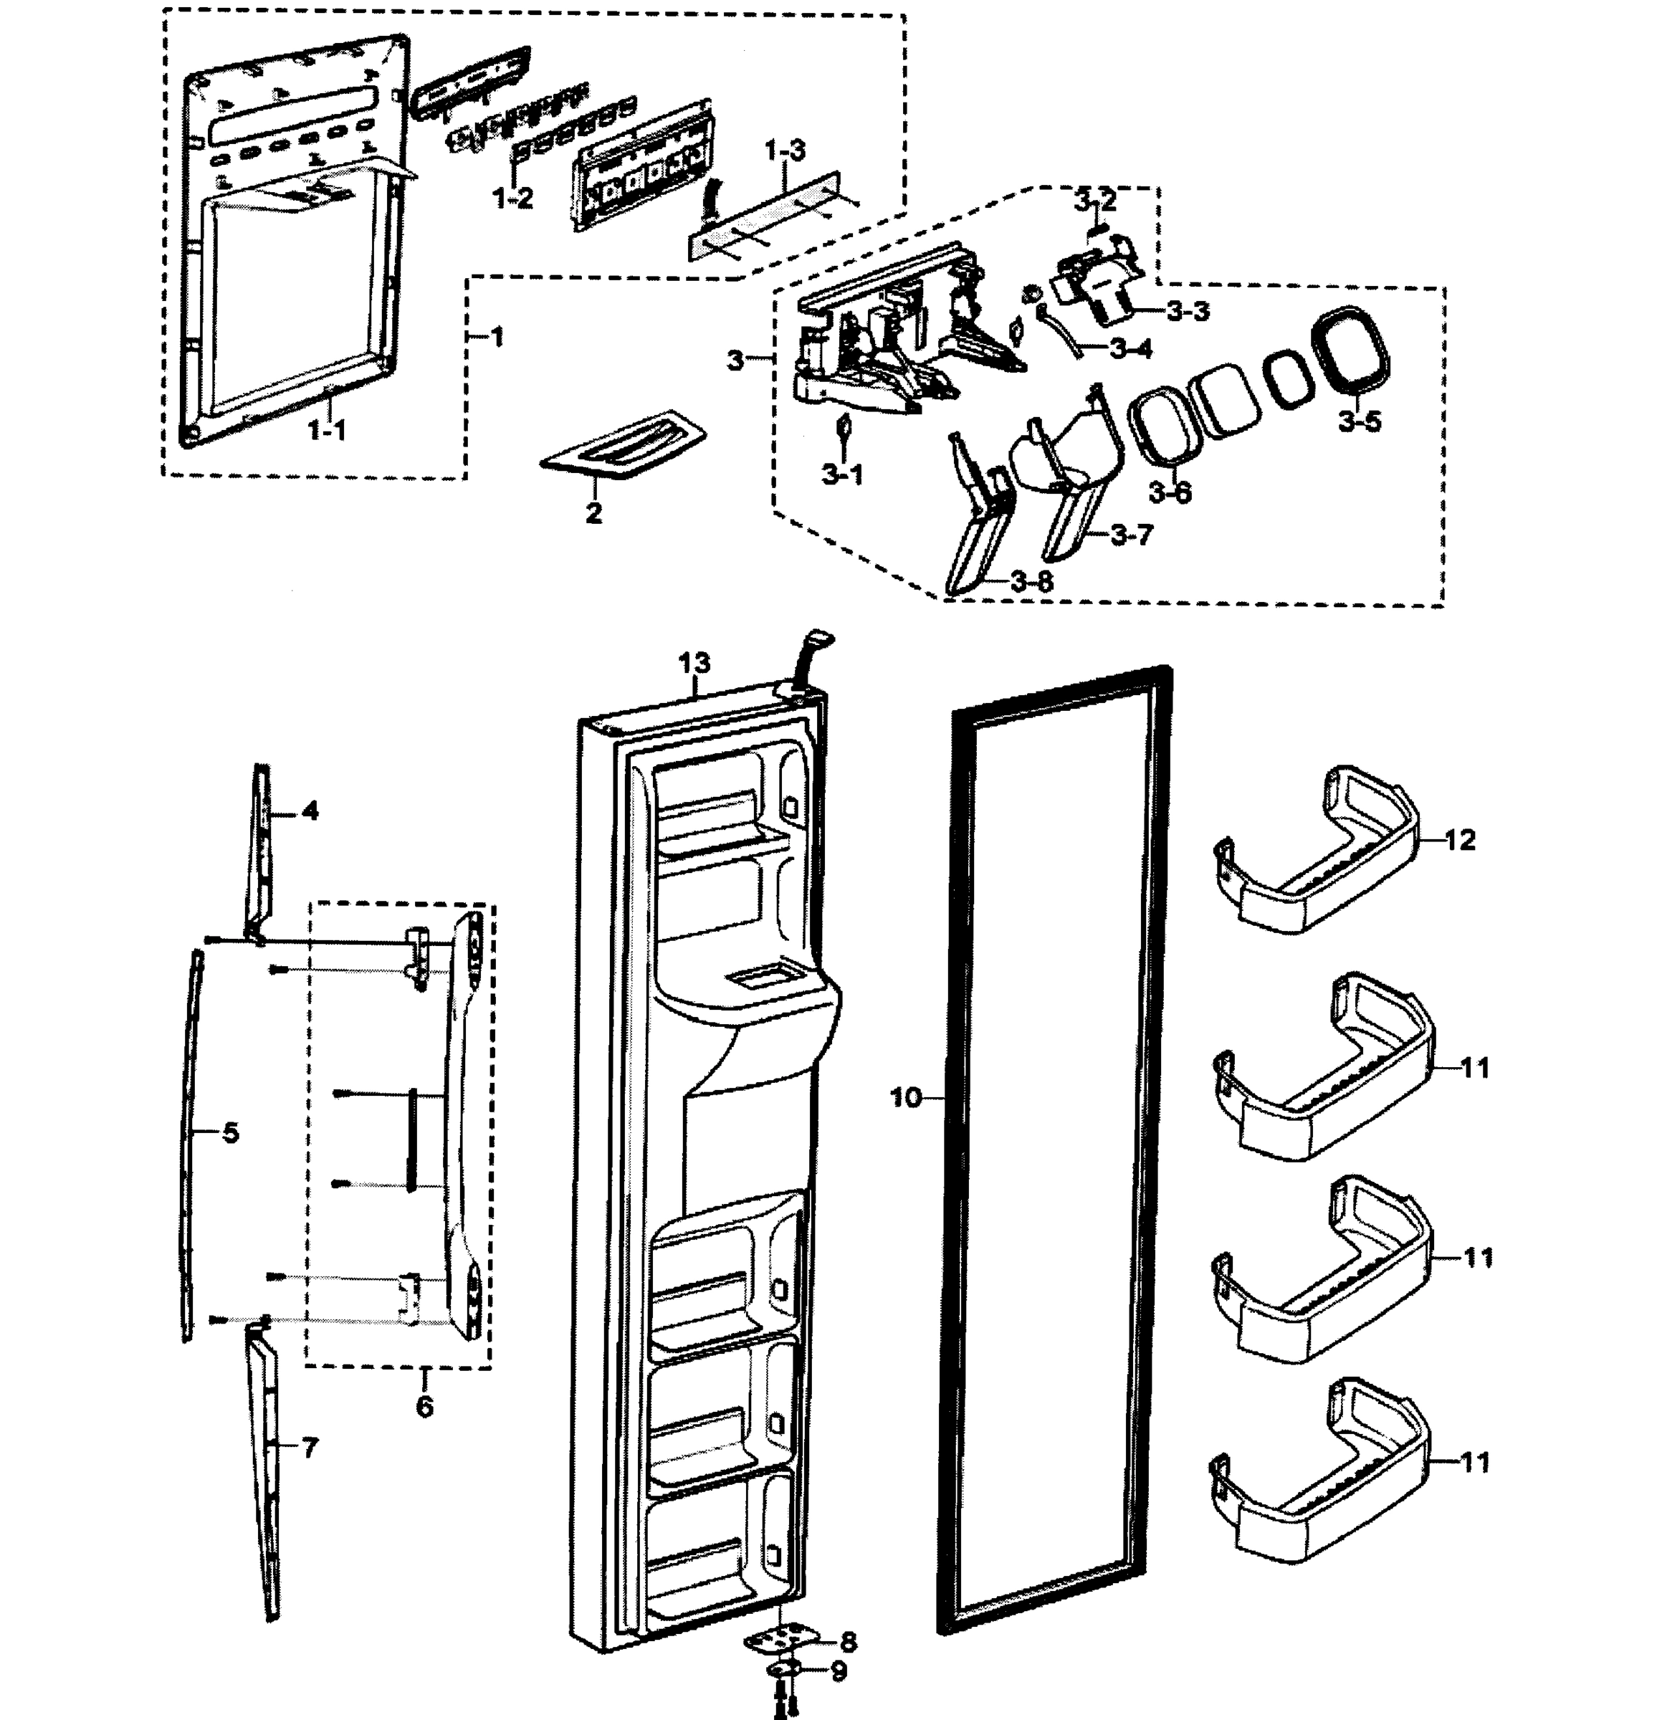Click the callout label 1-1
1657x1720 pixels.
pos(327,430)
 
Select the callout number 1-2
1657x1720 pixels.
pos(512,199)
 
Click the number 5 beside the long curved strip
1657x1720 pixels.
pos(230,1133)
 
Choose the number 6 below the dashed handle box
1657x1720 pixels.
pos(424,1407)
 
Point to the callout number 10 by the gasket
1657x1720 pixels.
pos(906,1097)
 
